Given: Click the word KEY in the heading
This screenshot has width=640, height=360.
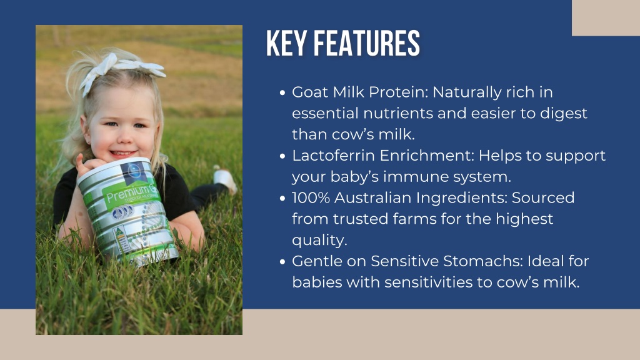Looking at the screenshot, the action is [x=286, y=43].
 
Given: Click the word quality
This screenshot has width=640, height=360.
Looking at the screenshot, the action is [x=319, y=241].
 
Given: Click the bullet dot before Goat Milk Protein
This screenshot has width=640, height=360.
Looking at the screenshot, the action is [x=282, y=93].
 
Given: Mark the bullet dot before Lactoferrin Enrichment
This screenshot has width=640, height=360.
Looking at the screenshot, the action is [x=282, y=156].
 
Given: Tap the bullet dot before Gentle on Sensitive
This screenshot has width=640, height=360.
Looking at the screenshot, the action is [x=282, y=262].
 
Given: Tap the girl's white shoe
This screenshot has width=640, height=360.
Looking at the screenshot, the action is [x=225, y=180].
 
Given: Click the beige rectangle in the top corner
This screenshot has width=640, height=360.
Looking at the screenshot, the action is [x=606, y=18].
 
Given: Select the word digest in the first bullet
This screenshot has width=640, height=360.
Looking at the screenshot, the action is [x=564, y=114].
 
